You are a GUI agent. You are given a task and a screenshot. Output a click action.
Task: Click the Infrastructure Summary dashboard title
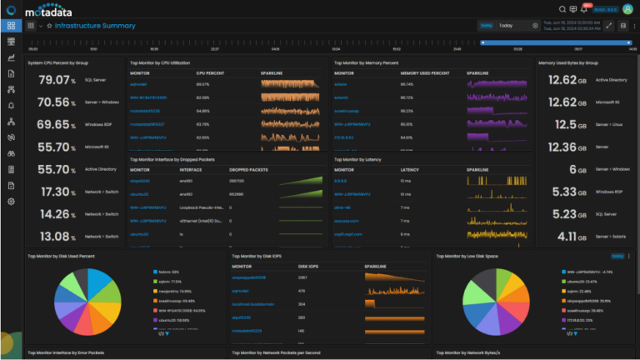coord(101,26)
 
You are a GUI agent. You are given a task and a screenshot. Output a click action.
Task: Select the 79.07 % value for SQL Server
coord(57,80)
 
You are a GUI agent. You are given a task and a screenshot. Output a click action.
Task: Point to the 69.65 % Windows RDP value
coord(57,125)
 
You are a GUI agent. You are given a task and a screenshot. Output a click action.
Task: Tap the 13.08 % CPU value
coord(57,237)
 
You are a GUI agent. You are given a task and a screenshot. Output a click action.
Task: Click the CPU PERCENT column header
coord(210,73)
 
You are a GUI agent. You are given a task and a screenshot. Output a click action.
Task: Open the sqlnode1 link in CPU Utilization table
coord(138,84)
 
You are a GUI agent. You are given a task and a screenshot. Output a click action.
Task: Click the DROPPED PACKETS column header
coord(248,169)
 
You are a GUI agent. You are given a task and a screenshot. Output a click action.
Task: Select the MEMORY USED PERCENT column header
coord(425,73)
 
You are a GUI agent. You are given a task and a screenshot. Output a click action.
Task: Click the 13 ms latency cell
coord(406,180)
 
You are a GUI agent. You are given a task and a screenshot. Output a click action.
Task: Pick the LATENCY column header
coord(410,169)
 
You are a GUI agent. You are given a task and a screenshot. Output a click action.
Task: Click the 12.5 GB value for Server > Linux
coord(559,125)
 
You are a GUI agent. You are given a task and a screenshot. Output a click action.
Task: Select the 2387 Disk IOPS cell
coord(303,277)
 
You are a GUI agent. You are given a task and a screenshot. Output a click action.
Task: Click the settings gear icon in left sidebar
coord(11,202)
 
